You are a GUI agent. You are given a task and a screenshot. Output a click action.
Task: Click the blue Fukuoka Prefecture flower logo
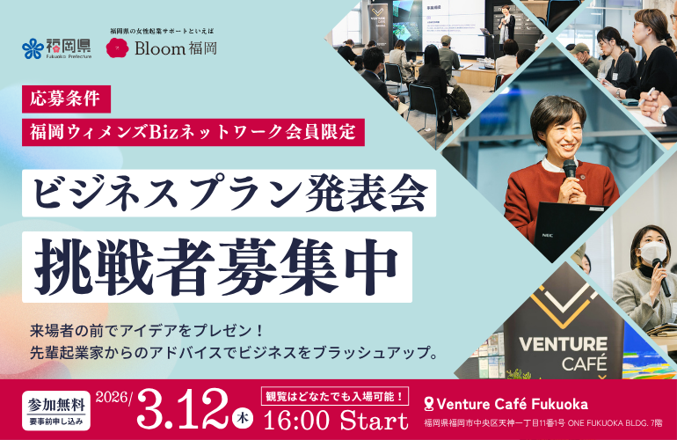point(33,48)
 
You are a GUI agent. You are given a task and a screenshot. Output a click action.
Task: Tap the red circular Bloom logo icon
point(117,48)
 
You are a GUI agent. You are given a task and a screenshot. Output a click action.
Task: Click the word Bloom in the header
point(160,48)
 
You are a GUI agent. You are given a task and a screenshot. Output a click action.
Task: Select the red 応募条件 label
point(66,99)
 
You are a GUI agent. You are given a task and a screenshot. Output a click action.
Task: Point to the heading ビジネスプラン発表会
point(229,193)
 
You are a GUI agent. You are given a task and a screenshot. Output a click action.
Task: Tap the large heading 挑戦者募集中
point(217,267)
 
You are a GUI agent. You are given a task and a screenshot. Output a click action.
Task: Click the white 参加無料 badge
point(56,411)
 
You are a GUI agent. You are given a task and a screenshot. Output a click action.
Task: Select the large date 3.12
point(182,409)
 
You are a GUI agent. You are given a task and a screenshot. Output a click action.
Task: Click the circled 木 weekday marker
point(243,418)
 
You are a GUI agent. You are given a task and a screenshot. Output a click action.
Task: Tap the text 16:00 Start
point(336,420)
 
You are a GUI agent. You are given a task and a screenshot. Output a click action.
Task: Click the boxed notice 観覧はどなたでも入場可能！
point(335,396)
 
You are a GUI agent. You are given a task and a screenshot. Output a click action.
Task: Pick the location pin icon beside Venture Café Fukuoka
point(429,405)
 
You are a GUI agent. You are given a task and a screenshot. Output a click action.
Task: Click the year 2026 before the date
point(113,397)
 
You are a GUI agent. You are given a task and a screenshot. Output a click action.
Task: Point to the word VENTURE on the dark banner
point(563,344)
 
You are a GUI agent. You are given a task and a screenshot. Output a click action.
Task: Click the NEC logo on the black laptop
point(548,236)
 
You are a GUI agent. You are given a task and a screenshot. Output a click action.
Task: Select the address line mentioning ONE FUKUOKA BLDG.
point(542,423)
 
